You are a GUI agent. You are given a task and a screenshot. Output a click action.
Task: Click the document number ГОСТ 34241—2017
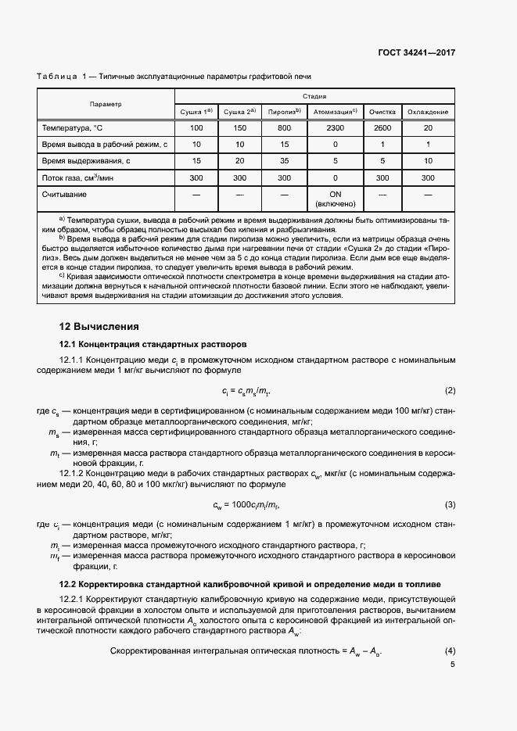[416, 53]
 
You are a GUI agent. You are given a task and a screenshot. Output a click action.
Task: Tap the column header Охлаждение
[428, 113]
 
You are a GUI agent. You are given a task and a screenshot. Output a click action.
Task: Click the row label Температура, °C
[71, 128]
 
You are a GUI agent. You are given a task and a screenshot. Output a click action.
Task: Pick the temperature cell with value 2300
[335, 128]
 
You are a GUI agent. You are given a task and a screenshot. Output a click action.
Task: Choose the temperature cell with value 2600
[383, 128]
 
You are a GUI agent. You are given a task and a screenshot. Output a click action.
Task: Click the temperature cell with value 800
[284, 128]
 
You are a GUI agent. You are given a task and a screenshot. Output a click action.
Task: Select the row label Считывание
[65, 194]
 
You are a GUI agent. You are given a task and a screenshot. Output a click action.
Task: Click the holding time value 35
[284, 161]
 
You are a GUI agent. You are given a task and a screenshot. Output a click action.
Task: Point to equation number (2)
[450, 390]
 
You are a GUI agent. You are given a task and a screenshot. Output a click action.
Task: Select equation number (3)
[450, 504]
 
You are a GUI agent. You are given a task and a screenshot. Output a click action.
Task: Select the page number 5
[453, 665]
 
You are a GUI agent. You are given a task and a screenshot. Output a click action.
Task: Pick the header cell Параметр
[106, 104]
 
